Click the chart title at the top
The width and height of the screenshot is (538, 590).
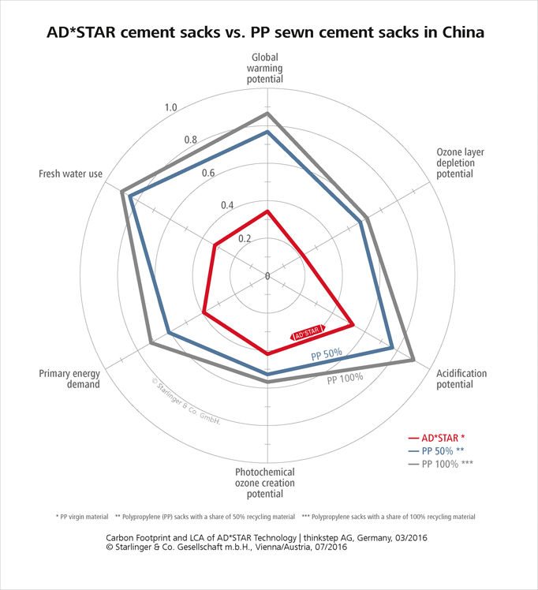[269, 34]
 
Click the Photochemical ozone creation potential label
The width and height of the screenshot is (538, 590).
[268, 483]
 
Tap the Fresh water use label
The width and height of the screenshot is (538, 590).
[72, 174]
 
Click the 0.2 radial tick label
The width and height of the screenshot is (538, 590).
[245, 238]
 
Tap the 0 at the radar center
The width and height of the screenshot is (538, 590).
[267, 275]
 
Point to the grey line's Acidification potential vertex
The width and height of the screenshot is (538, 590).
[413, 360]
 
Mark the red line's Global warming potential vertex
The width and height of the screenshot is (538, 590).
[267, 211]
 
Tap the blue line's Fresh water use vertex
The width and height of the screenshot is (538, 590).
[129, 196]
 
